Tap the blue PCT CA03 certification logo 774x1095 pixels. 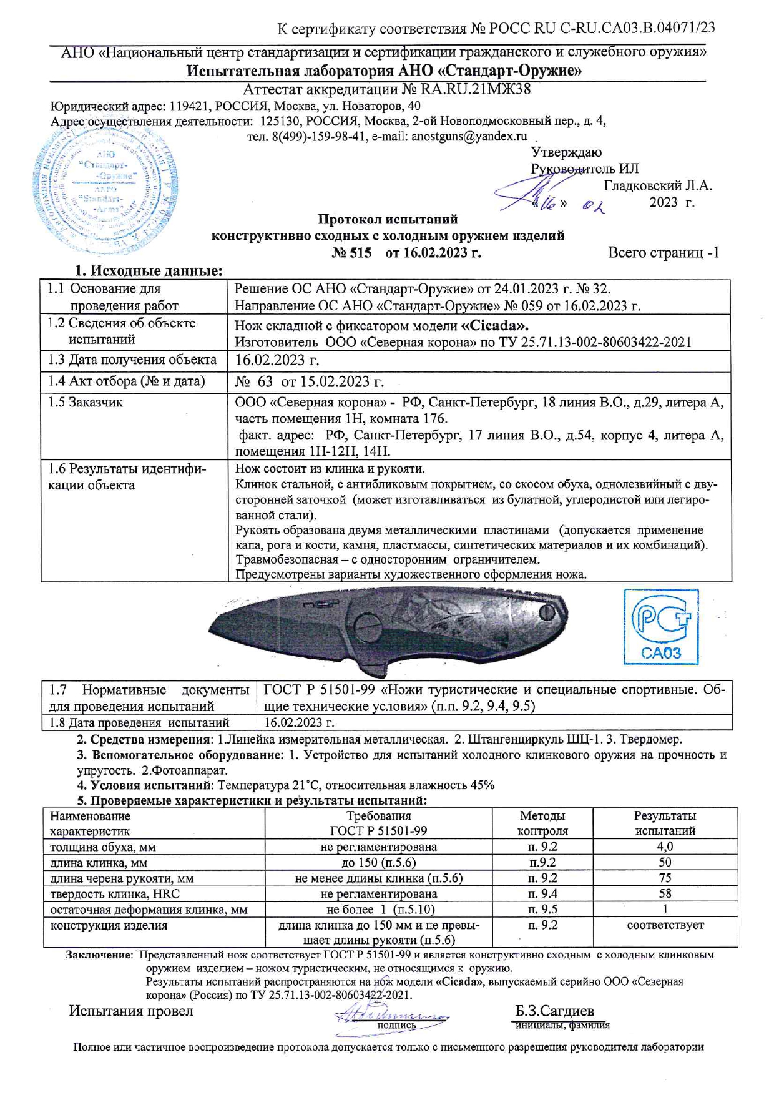pos(661,627)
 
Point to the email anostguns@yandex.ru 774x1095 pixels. pos(469,136)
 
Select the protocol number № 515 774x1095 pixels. pos(351,253)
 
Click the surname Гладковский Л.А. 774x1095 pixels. pos(658,185)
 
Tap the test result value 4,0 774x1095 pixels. pos(665,847)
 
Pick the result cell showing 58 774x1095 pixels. pos(665,894)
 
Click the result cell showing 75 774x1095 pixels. pos(665,878)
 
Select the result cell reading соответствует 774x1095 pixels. pos(665,925)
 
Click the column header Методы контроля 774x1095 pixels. pos(542,823)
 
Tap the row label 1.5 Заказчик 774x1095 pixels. pos(86,403)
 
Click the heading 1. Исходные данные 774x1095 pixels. pos(149,271)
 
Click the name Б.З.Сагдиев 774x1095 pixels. pos(554,1011)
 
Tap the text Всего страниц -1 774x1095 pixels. pos(664,253)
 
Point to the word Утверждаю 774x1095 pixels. pos(566,152)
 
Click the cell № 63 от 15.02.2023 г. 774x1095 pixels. pos(309,381)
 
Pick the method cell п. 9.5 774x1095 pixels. pos(542,910)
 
